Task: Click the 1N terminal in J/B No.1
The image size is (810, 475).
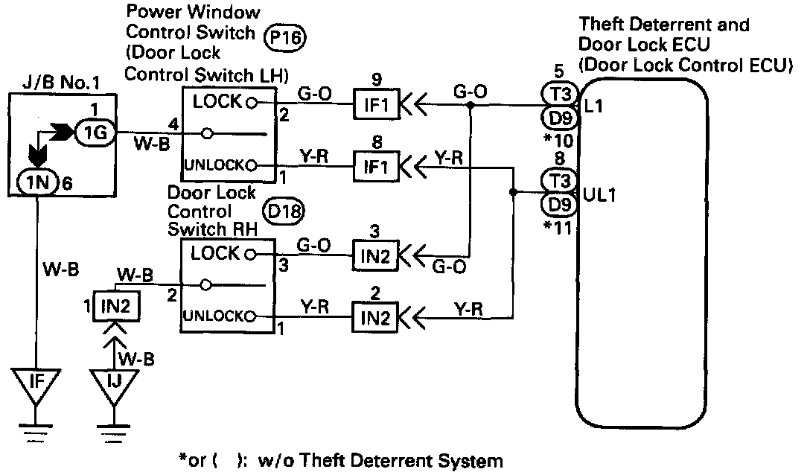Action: coord(33,180)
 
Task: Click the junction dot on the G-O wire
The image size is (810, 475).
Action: coord(471,106)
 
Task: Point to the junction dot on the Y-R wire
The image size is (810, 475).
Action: coord(514,192)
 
